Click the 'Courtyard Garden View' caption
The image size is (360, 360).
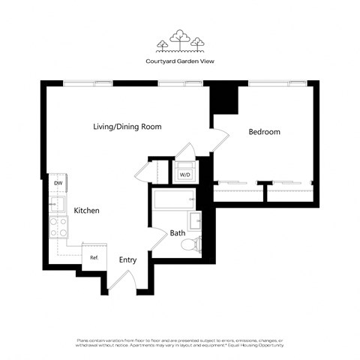coord(179,62)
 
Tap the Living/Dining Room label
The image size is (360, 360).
coord(127,127)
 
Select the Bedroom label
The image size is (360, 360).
coord(264,132)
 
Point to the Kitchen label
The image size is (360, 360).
coord(86,211)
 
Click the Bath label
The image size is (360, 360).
coord(177,233)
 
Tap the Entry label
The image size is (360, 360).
coord(128,259)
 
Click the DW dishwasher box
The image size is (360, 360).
coord(58,182)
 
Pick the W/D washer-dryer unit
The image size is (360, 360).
coord(184,175)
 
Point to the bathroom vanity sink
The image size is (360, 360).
coord(195,220)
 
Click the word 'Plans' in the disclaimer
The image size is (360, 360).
coord(84,340)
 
